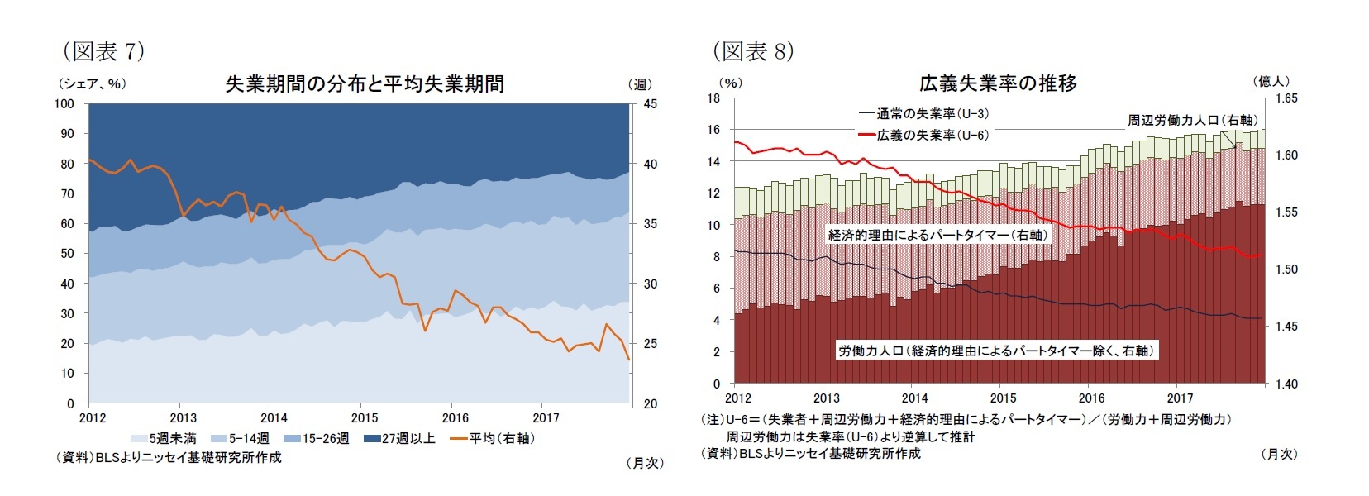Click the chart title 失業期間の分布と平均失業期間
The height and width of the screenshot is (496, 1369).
coord(365,84)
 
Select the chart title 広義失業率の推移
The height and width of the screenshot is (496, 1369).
coord(998,83)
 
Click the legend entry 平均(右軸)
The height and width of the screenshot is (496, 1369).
coord(494,438)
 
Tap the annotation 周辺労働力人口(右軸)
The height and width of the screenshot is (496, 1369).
coord(1192,121)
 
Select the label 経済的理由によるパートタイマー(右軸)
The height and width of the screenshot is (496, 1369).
coord(938,235)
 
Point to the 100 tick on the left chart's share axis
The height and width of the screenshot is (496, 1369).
coord(64,104)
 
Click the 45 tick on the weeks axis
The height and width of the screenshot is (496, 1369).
coord(651,104)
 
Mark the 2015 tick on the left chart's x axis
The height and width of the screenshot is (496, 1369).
coord(365,417)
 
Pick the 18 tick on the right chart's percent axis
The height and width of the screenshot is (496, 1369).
coord(714,98)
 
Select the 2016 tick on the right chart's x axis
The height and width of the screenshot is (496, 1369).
coord(1091,398)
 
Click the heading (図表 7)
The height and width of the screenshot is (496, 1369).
coord(103,51)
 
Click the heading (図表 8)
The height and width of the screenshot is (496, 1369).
coord(753,51)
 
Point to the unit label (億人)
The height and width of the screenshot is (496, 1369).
coord(1271,81)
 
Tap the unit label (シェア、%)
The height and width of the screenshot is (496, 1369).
coord(92,84)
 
